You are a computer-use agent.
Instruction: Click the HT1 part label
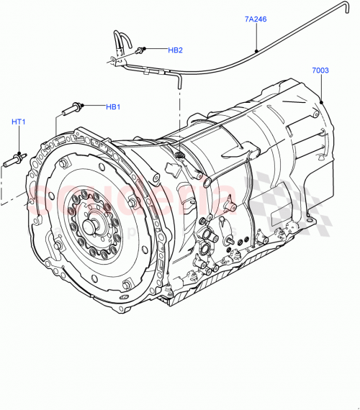[x=19, y=122]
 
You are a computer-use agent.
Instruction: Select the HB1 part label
[x=113, y=107]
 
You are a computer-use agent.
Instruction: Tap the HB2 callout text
[x=175, y=50]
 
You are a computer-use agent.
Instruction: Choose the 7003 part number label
[x=320, y=70]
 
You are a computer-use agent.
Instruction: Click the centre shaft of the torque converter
[x=91, y=225]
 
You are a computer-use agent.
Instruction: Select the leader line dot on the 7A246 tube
[x=257, y=51]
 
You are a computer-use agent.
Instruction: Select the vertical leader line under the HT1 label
[x=19, y=139]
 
